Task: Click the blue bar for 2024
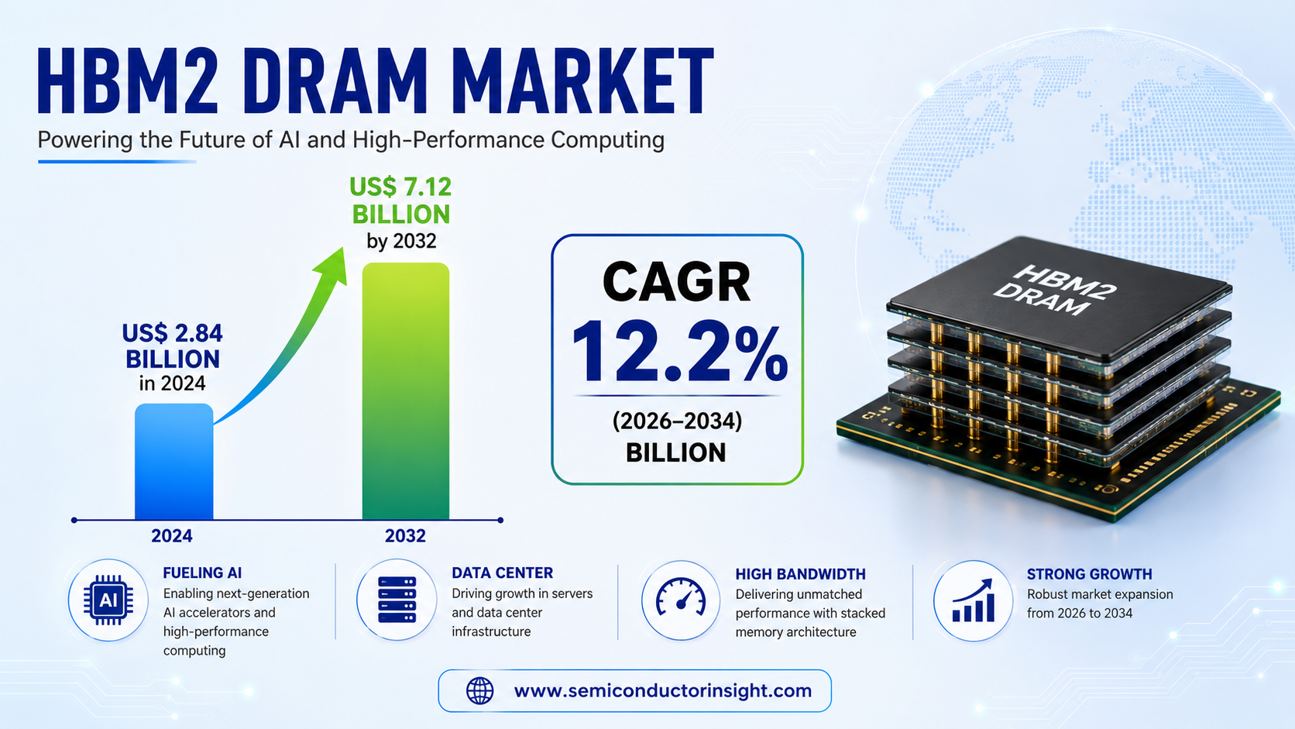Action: coord(174,461)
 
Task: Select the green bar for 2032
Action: coord(405,391)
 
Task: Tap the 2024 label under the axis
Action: coord(172,536)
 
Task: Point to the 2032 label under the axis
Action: coord(405,536)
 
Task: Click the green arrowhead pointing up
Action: coord(331,267)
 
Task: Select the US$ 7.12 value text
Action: coord(400,187)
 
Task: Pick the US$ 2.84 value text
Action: coord(172,334)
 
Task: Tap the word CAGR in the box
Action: coord(676,282)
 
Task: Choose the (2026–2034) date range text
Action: coord(677,421)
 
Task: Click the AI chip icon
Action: coord(108,600)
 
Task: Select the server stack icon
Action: coord(397,600)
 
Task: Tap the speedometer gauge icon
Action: coord(681,596)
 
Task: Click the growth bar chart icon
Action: coord(974,600)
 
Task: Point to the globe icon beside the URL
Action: coord(480,691)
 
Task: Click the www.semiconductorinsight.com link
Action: coord(662,691)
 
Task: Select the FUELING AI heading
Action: coord(202,573)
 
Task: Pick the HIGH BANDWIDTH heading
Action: coord(801,574)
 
